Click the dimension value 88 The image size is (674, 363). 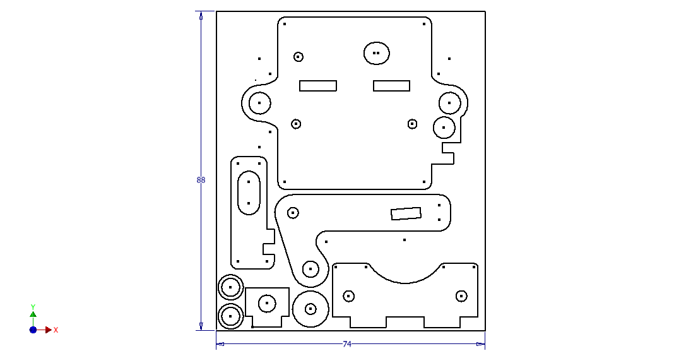tap(201, 180)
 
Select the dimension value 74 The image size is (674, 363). tap(347, 344)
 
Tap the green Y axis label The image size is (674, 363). tap(33, 307)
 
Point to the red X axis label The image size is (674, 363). tap(56, 330)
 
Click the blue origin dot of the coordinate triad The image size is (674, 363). tap(33, 330)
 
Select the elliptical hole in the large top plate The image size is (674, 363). tap(376, 53)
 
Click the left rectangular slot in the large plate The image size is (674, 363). tap(318, 86)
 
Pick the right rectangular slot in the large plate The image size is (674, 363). tap(391, 86)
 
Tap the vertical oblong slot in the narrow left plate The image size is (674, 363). tap(249, 193)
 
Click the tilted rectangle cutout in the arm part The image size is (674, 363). tap(406, 214)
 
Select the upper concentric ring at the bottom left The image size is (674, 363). tap(230, 287)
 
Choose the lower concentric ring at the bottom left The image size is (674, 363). tap(230, 316)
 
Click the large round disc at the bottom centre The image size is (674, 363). tap(310, 309)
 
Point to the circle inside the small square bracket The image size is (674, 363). tap(267, 303)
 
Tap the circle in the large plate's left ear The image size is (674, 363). tap(259, 103)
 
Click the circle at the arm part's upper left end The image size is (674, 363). tap(293, 213)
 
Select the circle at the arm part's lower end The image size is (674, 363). tap(310, 269)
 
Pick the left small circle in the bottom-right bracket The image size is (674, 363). tap(348, 295)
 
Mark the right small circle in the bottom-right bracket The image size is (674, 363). tap(461, 295)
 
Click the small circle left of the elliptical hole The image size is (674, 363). tap(299, 57)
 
